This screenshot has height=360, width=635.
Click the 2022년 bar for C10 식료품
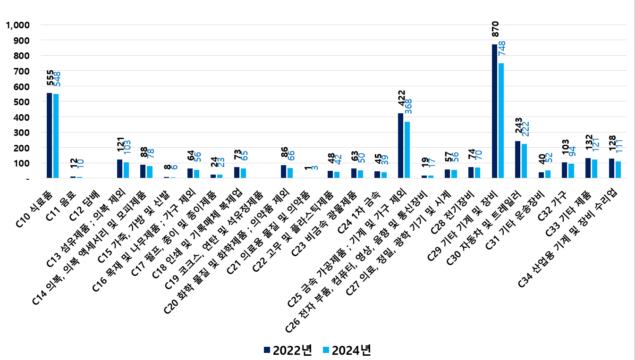tap(49, 135)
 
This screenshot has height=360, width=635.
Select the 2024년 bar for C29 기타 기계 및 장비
tap(501, 121)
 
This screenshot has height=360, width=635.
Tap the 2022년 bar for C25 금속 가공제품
tap(400, 146)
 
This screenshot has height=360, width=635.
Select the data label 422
tap(401, 102)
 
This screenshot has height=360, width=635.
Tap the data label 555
tap(50, 79)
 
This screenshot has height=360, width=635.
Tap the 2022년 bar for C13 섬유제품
tap(119, 169)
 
